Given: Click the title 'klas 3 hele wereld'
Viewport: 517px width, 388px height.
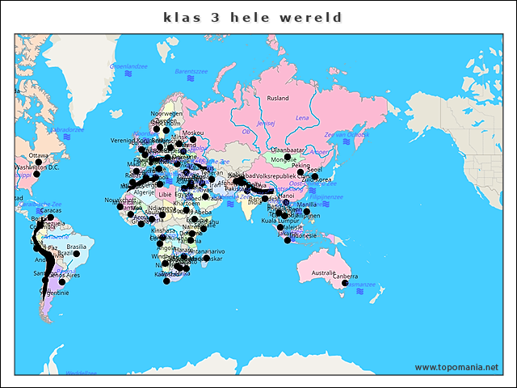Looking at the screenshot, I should click(x=253, y=17).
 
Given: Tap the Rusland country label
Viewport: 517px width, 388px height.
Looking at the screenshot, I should click(x=278, y=98).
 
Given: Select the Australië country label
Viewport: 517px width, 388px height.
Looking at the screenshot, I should click(x=323, y=273).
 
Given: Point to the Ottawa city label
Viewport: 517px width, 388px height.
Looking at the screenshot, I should click(x=39, y=155).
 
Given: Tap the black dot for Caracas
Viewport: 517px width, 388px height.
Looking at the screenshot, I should click(x=50, y=217).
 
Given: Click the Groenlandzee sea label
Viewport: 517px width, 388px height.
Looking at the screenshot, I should click(x=128, y=65).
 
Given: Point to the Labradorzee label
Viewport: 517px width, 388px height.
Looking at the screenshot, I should click(x=65, y=129).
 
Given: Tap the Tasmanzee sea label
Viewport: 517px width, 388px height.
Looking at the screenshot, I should click(x=359, y=285).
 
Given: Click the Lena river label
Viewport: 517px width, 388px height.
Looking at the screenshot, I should click(x=302, y=117).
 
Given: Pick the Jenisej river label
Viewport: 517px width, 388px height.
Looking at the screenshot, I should click(x=266, y=123).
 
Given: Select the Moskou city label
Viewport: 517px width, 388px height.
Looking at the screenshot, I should click(x=193, y=133).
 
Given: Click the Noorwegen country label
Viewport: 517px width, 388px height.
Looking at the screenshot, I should click(x=167, y=114).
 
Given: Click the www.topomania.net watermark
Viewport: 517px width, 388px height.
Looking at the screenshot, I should click(x=456, y=367).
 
